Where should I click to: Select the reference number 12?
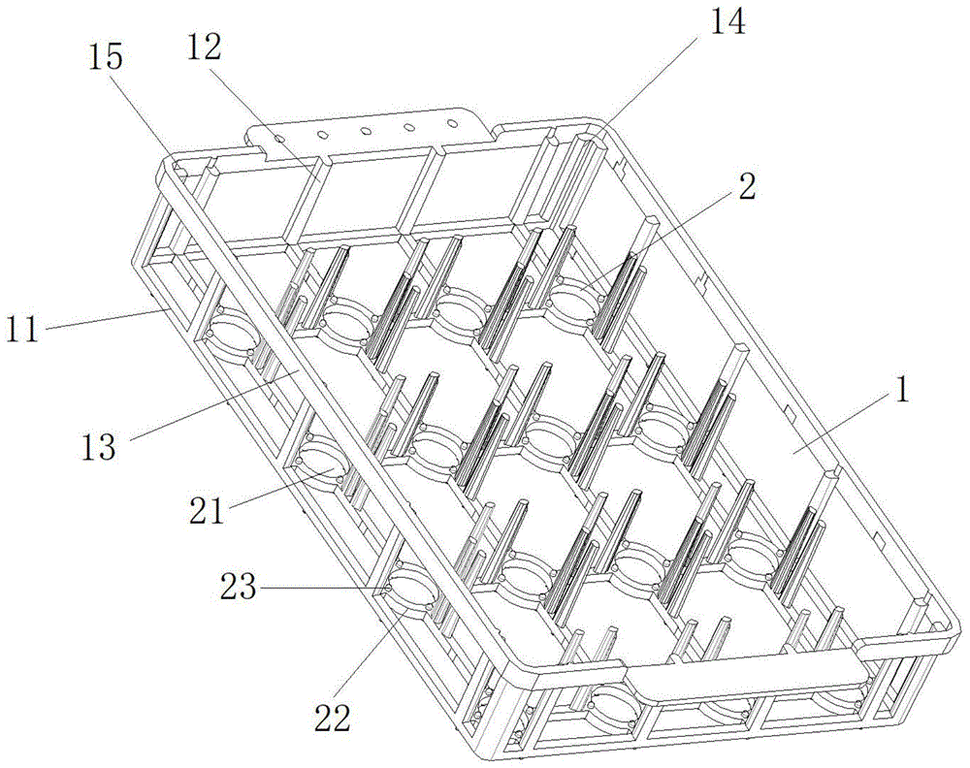[204, 48]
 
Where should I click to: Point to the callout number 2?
[747, 185]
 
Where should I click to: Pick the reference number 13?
[98, 446]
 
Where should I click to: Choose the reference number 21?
[207, 510]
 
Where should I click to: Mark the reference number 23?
[239, 586]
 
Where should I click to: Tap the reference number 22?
[332, 718]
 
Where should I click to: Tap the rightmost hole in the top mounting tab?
[452, 124]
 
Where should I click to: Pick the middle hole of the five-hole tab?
[365, 131]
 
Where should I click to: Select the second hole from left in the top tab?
[322, 134]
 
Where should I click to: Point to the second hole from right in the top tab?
[409, 127]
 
